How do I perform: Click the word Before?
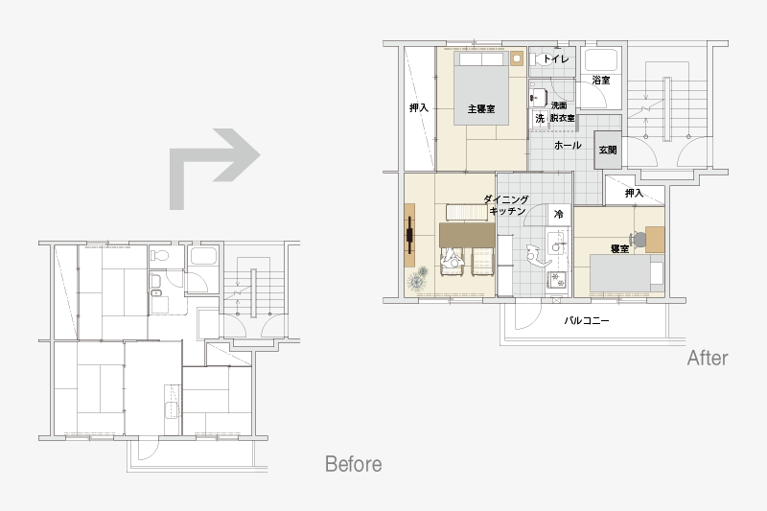(353, 464)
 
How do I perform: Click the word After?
(708, 358)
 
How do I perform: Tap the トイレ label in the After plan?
(556, 59)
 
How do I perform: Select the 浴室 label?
(601, 81)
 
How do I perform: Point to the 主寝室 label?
(481, 109)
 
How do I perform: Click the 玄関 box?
(608, 151)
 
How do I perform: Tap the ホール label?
(568, 145)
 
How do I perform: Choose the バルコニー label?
(587, 321)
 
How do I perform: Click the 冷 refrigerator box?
(559, 214)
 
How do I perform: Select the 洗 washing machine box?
(540, 118)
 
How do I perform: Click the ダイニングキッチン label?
(507, 205)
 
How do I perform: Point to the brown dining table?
(467, 235)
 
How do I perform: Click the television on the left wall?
(409, 235)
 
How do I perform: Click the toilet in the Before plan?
(159, 255)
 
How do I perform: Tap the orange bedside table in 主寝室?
(517, 58)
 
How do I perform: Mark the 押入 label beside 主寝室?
(419, 108)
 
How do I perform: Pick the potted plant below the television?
(418, 280)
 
